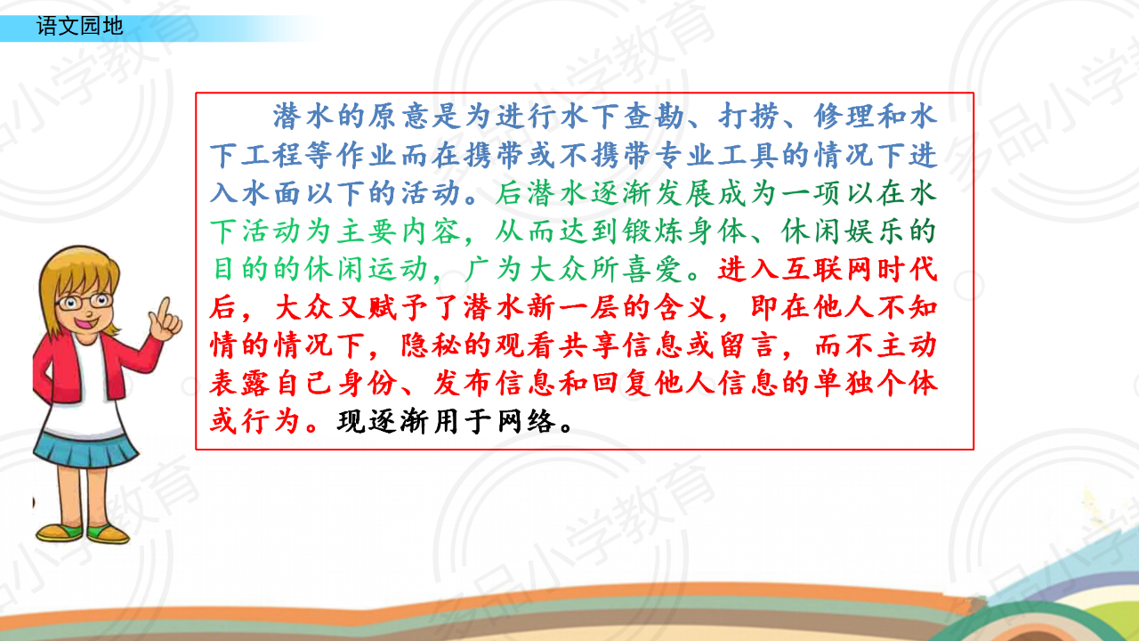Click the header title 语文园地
tap(80, 26)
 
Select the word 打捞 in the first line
tap(748, 117)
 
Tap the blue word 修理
tap(844, 117)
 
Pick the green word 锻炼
tap(654, 231)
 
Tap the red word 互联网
tap(828, 269)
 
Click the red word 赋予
tap(400, 307)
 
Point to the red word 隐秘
tap(432, 345)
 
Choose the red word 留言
tap(748, 345)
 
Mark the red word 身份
tap(368, 384)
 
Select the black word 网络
tap(527, 422)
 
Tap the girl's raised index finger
tap(164, 309)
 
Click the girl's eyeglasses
tap(85, 302)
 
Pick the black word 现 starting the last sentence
tap(351, 422)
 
